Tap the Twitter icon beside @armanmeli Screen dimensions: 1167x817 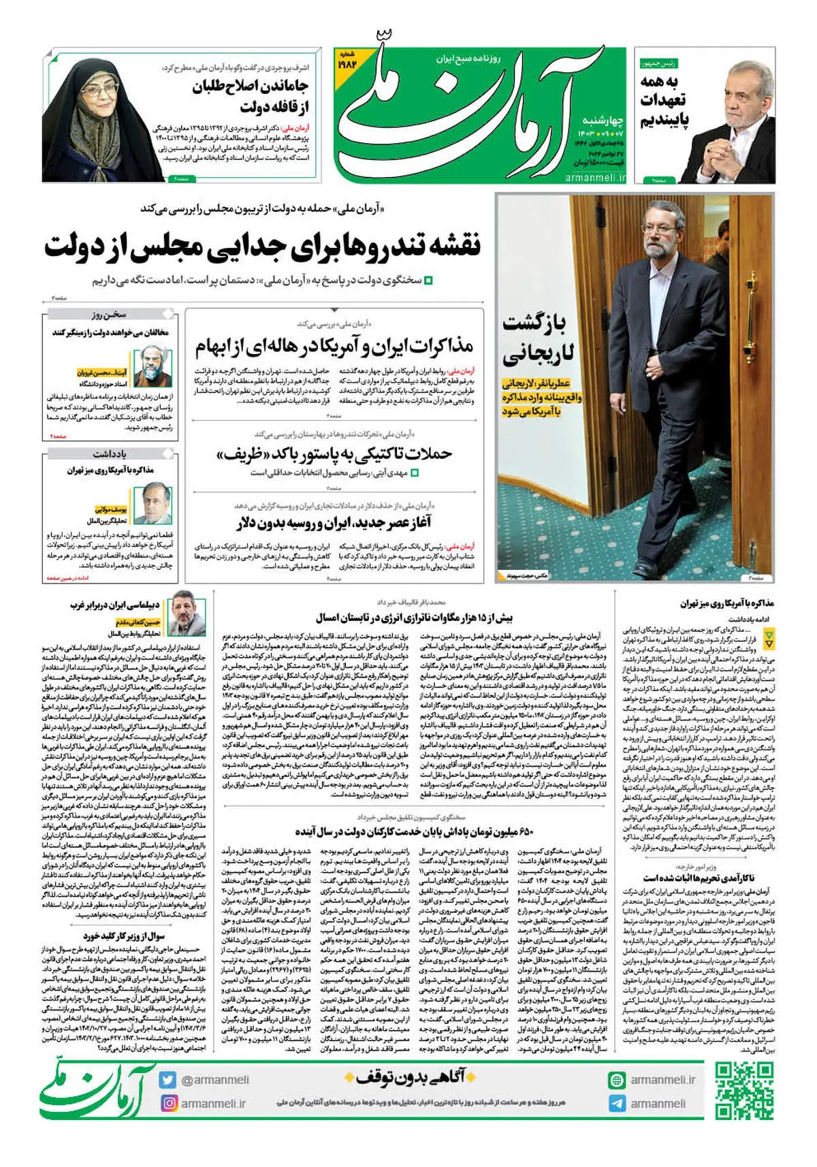point(168,1080)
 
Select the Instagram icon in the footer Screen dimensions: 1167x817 point(168,1103)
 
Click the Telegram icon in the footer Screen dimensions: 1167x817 point(617,1104)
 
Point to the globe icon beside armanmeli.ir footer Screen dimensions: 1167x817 point(617,1080)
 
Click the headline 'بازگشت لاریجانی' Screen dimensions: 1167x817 point(539,338)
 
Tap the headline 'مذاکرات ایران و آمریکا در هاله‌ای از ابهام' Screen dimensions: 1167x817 point(334,347)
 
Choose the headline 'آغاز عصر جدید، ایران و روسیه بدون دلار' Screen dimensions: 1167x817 point(334,523)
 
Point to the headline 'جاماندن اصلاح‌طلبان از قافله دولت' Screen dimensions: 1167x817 point(250,96)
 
